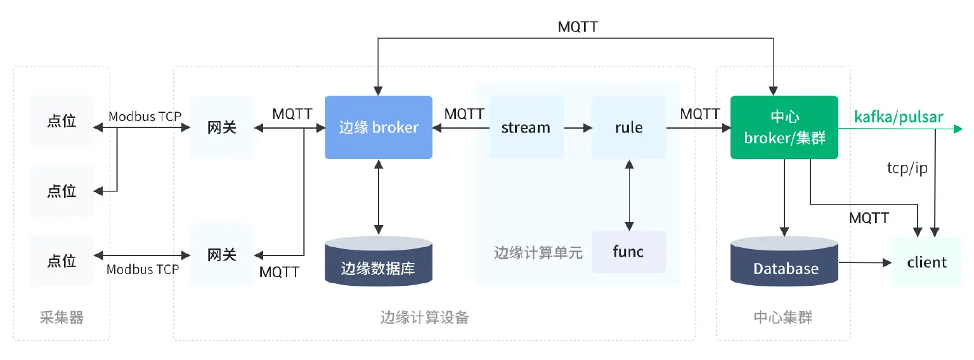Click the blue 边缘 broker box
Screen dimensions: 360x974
point(379,127)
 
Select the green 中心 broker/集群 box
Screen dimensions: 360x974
point(784,127)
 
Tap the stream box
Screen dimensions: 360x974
point(526,127)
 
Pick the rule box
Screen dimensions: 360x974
point(628,127)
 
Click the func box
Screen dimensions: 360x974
point(628,252)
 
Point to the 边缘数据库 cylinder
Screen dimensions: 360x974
point(379,262)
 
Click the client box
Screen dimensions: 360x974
point(926,262)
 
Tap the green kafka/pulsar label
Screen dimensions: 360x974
point(899,117)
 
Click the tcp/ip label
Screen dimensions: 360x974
point(907,169)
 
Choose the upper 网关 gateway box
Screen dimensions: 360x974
point(222,127)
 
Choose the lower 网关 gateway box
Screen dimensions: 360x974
point(222,255)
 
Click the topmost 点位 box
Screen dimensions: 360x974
point(62,121)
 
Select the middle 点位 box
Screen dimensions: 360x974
point(62,191)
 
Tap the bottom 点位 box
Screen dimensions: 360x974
point(62,260)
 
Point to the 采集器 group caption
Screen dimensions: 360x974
point(62,318)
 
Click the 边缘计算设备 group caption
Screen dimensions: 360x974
point(425,318)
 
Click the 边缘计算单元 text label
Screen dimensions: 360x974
point(538,252)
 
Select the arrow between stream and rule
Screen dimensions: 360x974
point(578,128)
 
